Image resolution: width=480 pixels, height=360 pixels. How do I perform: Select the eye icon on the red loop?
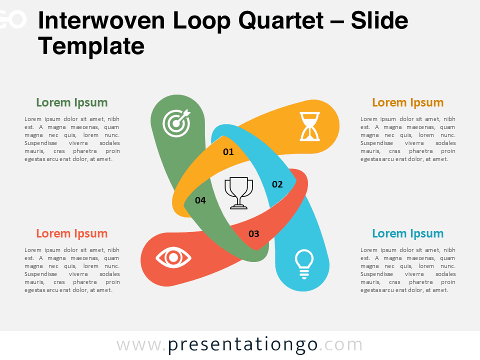(x=173, y=258)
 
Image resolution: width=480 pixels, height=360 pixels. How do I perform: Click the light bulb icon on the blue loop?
(x=304, y=263)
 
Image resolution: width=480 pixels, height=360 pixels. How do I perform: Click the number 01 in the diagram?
(x=228, y=151)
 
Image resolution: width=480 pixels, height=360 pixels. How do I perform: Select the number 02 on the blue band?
(x=277, y=184)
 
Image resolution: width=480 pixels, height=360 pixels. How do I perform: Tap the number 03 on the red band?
(x=254, y=233)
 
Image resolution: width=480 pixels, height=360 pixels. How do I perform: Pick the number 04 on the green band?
(x=200, y=200)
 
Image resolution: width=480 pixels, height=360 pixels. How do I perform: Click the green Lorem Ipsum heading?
(x=71, y=102)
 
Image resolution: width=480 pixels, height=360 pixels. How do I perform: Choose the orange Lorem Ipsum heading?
(x=407, y=102)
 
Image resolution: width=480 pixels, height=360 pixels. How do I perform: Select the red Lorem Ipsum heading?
(x=71, y=233)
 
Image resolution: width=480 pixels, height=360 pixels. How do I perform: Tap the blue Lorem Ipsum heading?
(x=407, y=233)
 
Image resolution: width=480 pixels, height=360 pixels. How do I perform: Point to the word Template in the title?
(x=91, y=46)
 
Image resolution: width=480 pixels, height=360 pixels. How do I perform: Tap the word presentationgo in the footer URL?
(x=242, y=345)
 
